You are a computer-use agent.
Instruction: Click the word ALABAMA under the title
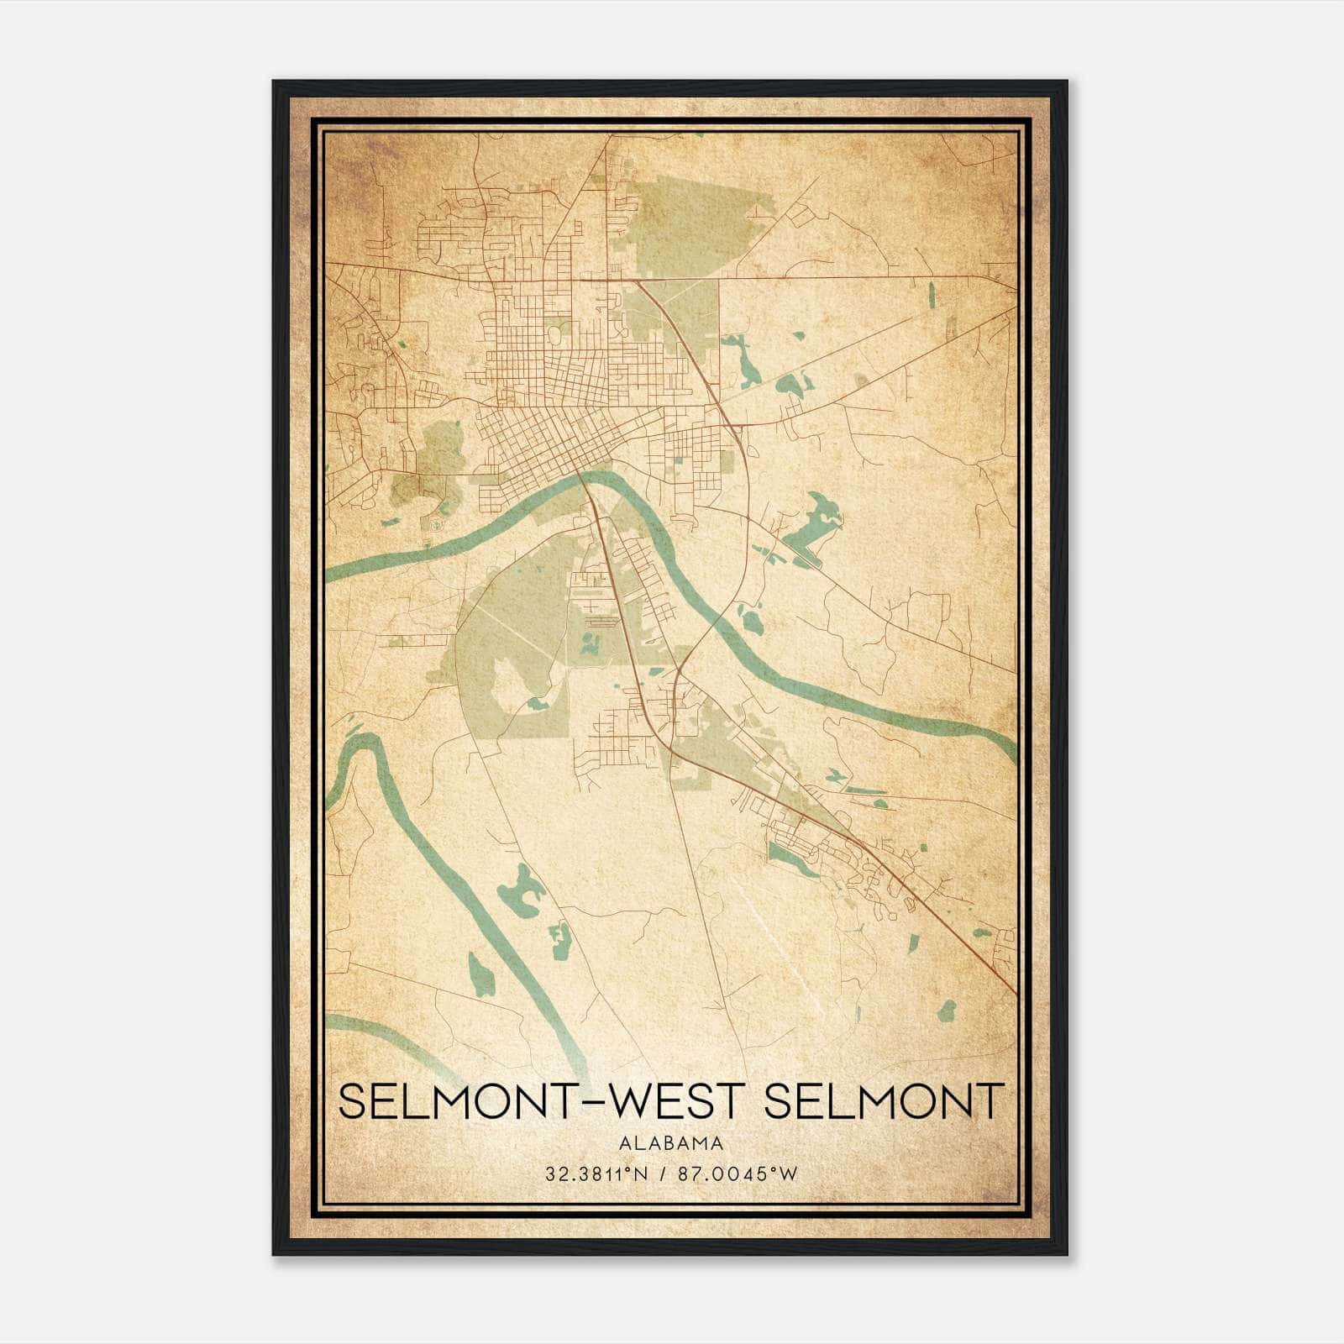(x=671, y=1142)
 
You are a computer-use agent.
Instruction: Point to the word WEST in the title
(x=673, y=1101)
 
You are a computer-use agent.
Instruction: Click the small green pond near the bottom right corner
(x=947, y=1011)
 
